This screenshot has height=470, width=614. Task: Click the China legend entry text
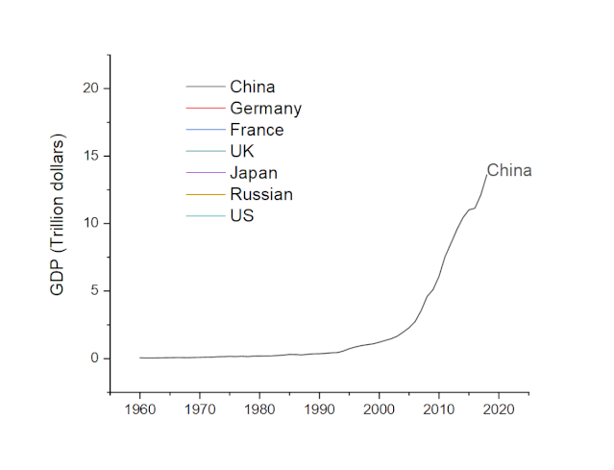click(x=252, y=87)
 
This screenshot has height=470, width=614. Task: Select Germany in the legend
click(x=265, y=109)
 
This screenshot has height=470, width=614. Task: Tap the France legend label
click(x=257, y=130)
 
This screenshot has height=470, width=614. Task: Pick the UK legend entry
click(x=242, y=151)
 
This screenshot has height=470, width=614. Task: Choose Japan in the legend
click(x=254, y=173)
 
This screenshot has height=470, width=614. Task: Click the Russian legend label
click(x=261, y=194)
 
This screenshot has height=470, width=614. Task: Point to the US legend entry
click(x=241, y=215)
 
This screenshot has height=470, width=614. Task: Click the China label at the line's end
click(x=508, y=171)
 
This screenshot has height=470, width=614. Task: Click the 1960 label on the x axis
click(x=140, y=409)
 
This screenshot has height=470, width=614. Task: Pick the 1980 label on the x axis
click(x=259, y=409)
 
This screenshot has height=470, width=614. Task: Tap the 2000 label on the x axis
click(x=380, y=409)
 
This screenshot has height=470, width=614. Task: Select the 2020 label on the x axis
click(x=499, y=409)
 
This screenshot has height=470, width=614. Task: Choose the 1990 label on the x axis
click(x=319, y=409)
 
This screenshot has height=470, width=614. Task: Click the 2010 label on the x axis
click(x=439, y=409)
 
